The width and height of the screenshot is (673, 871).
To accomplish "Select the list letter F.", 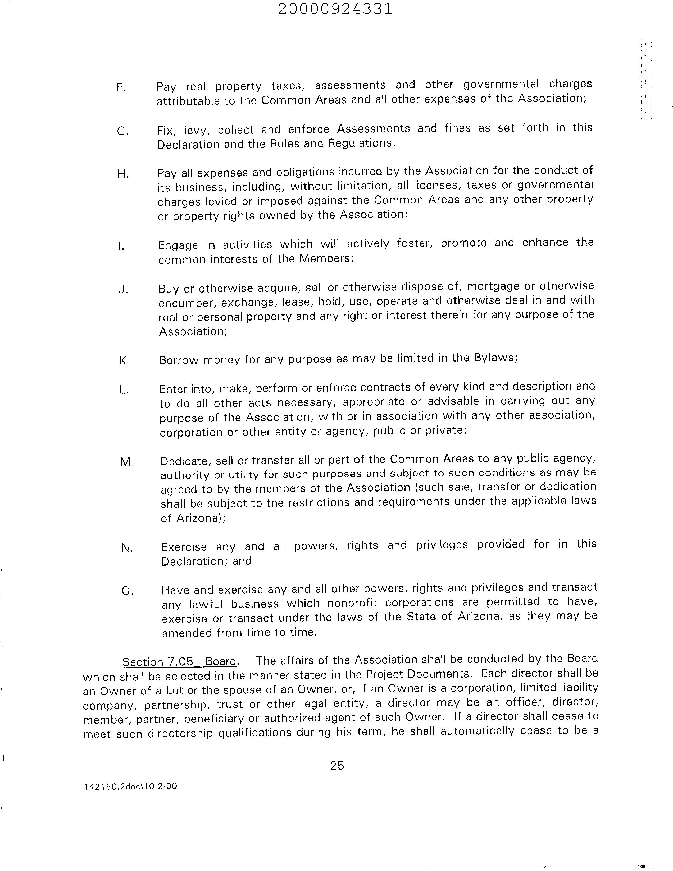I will [121, 88].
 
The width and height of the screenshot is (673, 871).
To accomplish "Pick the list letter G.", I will [122, 131].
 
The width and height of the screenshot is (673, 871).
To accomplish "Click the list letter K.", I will [124, 361].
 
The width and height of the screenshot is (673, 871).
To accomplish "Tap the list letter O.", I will [127, 591].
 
